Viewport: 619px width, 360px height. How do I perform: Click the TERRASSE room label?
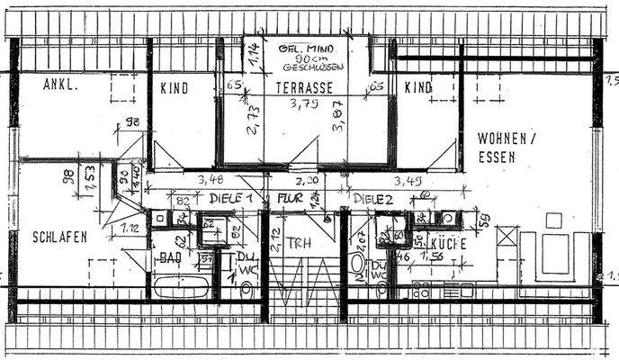click(304, 88)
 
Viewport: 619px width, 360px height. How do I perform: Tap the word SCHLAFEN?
click(59, 238)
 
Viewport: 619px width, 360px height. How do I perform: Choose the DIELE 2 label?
click(373, 199)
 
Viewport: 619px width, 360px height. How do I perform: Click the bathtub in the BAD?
click(183, 289)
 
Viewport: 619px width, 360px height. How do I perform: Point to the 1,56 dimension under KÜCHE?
click(436, 257)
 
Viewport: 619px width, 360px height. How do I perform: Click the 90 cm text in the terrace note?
click(301, 58)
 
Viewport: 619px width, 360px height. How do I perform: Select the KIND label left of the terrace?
click(174, 88)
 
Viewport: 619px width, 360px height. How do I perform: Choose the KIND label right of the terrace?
click(417, 88)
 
